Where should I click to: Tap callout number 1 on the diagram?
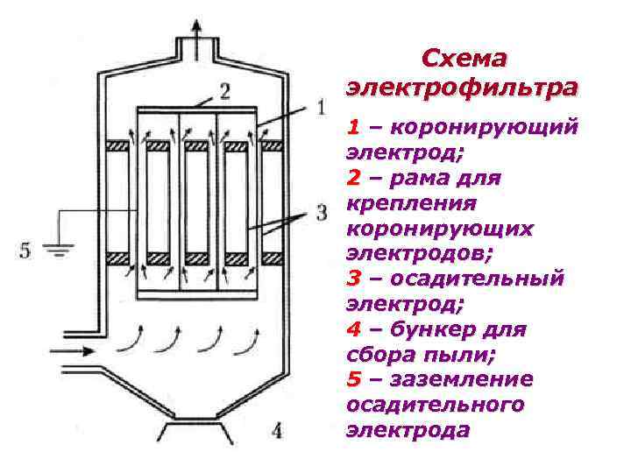pyautogui.click(x=320, y=108)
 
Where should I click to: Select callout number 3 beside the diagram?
pyautogui.click(x=321, y=212)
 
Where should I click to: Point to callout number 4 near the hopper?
pyautogui.click(x=277, y=430)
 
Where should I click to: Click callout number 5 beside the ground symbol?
pyautogui.click(x=25, y=251)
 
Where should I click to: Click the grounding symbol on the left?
pyautogui.click(x=59, y=251)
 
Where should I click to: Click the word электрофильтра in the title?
pyautogui.click(x=463, y=88)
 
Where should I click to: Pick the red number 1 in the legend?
pyautogui.click(x=353, y=128)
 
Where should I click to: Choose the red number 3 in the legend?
pyautogui.click(x=354, y=279)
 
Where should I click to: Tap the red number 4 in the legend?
pyautogui.click(x=354, y=330)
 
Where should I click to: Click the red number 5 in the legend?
pyautogui.click(x=353, y=380)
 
